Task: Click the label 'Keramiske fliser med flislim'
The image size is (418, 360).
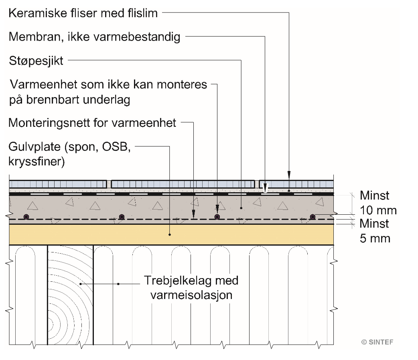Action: point(83,13)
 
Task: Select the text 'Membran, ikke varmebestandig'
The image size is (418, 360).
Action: point(94,37)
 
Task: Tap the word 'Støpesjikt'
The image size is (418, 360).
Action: point(36,61)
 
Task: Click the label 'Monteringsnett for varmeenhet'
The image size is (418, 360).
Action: point(92,123)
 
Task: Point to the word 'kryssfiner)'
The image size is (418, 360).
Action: point(37,162)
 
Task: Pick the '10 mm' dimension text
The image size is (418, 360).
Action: point(378,210)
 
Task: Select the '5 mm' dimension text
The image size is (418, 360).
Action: point(375,238)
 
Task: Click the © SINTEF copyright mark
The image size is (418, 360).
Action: point(377,342)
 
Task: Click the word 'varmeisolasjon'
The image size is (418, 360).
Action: point(191,295)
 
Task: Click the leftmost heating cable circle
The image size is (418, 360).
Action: point(26,217)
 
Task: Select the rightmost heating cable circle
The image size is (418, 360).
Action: point(312,217)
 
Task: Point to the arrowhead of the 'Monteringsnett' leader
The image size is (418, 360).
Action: point(193,214)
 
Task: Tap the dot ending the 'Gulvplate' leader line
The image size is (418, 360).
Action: point(170,235)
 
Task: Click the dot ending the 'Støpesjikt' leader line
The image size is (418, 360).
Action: point(241,208)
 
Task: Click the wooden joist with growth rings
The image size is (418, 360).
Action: point(70,295)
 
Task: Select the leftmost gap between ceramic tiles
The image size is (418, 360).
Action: point(109,184)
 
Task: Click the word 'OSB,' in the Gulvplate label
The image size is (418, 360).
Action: point(116,147)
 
